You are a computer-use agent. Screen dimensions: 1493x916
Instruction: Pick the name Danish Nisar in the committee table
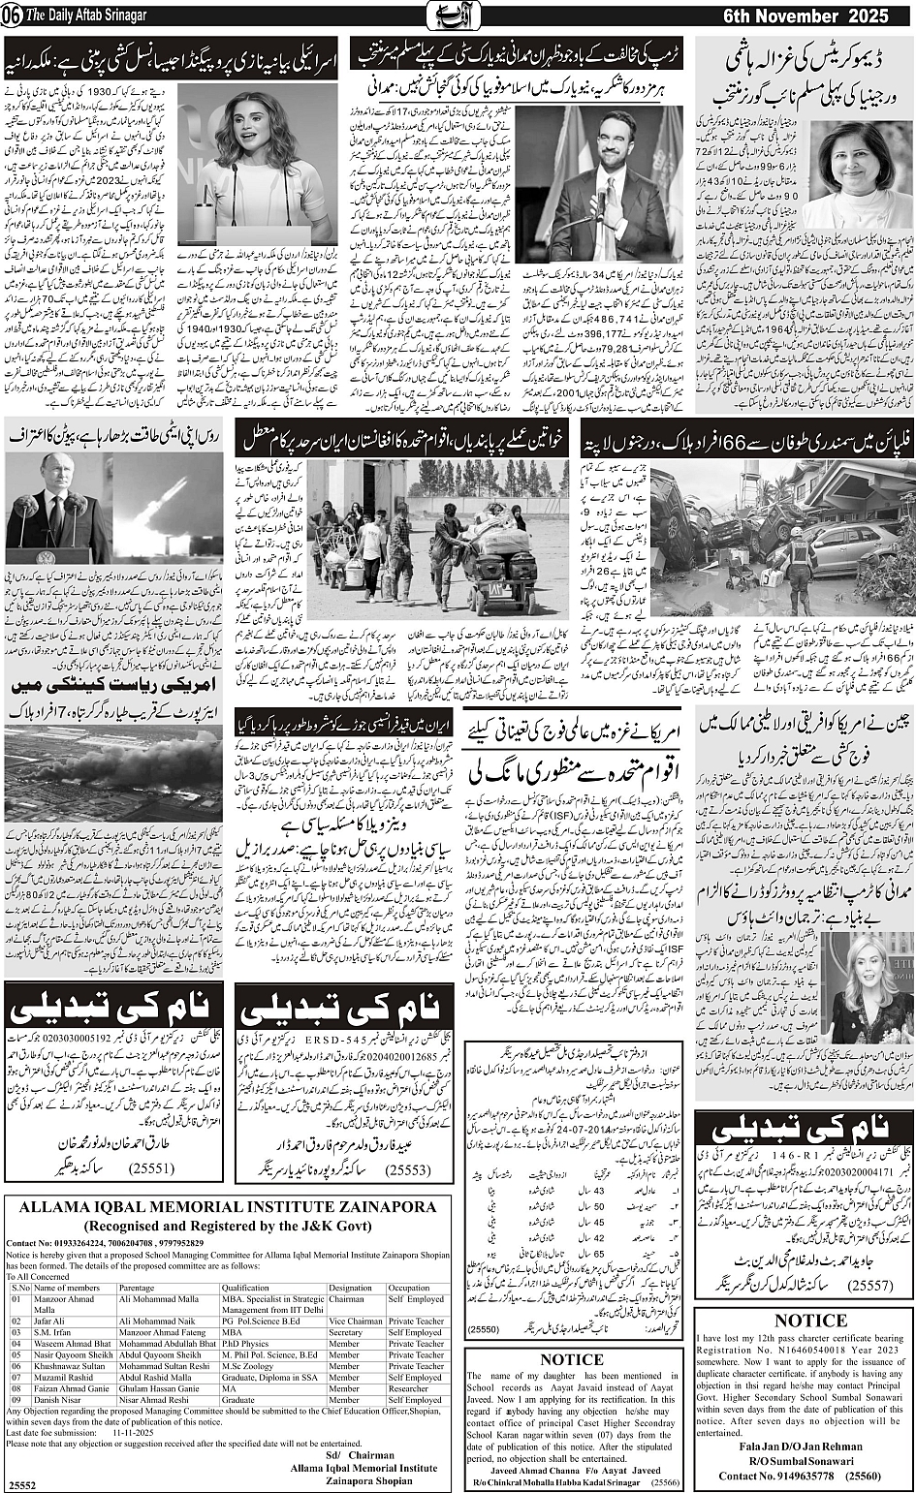[x=59, y=1400]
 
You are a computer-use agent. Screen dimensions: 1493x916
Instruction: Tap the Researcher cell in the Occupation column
[x=408, y=1388]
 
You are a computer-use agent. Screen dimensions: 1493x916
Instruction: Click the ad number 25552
[x=22, y=1483]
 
